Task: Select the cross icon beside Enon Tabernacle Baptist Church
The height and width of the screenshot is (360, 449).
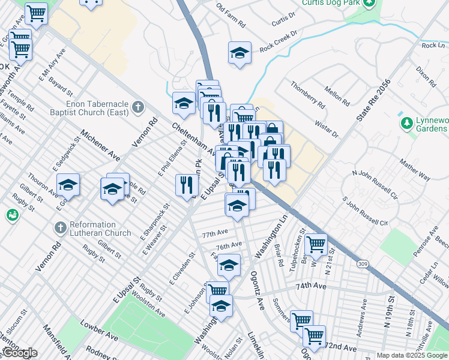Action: pyautogui.click(x=138, y=108)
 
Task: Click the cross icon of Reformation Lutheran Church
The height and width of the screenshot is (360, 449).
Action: pyautogui.click(x=59, y=228)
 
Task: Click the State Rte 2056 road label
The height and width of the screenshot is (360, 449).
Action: pyautogui.click(x=373, y=100)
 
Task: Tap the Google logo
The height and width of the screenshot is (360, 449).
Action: pyautogui.click(x=19, y=353)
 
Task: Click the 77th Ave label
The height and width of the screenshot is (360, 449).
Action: pyautogui.click(x=215, y=233)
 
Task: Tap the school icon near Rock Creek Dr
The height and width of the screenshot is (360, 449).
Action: pyautogui.click(x=240, y=53)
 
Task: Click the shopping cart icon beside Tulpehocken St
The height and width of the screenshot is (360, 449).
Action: pyautogui.click(x=316, y=244)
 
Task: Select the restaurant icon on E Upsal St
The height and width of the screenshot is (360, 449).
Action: pyautogui.click(x=187, y=185)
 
